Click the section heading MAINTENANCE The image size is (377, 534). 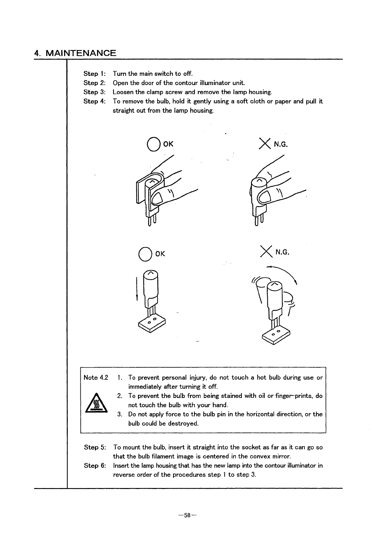pos(81,53)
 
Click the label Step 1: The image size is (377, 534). pos(94,74)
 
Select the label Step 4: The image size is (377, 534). pos(94,101)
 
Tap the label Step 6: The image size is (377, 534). pos(95,466)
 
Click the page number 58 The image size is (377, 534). pos(187,515)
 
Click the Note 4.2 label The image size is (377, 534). pos(96,377)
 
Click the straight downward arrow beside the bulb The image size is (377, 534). pos(137,289)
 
